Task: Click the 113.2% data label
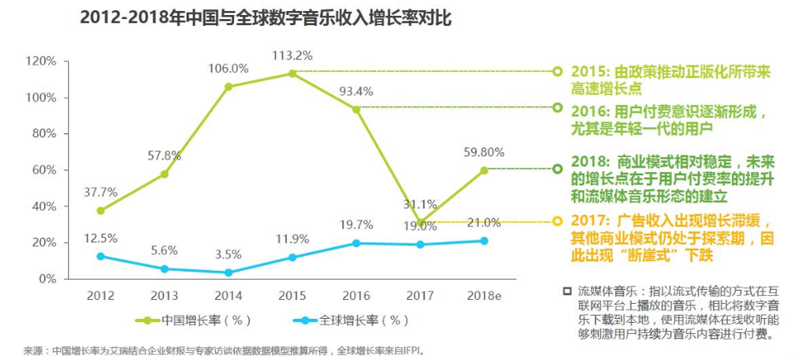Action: [292, 55]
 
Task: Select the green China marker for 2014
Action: [228, 87]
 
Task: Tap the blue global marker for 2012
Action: [100, 256]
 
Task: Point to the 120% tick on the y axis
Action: [40, 61]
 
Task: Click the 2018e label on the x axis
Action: [483, 295]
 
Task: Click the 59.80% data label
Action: [484, 152]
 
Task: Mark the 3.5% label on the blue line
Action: [228, 254]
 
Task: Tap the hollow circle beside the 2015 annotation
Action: [557, 71]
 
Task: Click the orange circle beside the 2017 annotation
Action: [557, 221]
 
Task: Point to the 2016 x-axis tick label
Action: [355, 295]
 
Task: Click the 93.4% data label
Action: [355, 91]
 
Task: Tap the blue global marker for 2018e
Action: [484, 241]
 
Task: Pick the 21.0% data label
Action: [484, 223]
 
